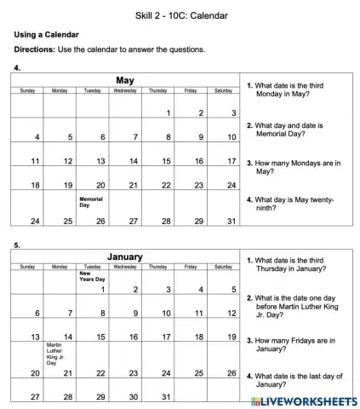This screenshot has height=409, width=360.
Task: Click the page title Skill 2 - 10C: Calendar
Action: [x=180, y=16]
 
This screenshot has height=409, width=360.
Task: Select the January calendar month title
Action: [x=125, y=256]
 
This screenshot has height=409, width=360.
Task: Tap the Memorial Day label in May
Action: [x=91, y=202]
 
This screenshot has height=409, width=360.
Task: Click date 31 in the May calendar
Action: [x=231, y=222]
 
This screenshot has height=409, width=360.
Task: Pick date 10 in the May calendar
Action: [x=231, y=137]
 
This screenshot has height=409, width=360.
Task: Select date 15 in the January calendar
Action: [x=100, y=337]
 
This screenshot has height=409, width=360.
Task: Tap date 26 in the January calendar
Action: [x=231, y=373]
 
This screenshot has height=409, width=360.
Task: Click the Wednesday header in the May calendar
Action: [x=125, y=90]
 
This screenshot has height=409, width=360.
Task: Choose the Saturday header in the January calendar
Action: [x=223, y=267]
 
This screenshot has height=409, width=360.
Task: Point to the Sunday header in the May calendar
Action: [x=27, y=90]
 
